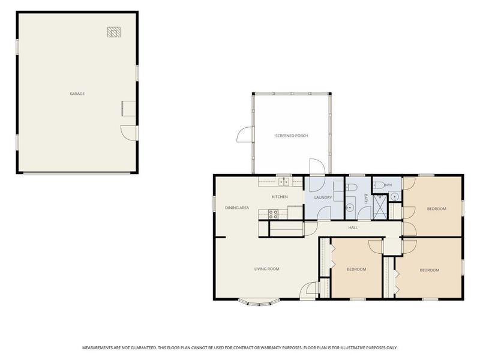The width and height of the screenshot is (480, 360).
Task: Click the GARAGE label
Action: point(77,94)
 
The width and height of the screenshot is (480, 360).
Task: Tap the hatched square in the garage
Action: point(114,32)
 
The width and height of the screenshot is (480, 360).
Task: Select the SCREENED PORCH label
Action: point(292,136)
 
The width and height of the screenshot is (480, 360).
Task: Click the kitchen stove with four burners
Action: point(274,214)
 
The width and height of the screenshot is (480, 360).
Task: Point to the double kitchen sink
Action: point(284,182)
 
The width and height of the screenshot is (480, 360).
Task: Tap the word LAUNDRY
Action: point(323,198)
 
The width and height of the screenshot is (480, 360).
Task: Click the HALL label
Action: point(353,228)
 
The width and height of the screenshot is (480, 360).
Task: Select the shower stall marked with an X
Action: point(380,207)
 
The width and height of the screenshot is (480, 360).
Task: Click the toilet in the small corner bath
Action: point(379,185)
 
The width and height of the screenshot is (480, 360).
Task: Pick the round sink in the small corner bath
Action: point(395,196)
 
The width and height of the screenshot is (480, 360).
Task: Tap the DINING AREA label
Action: point(237,208)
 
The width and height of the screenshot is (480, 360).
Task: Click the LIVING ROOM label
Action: point(266,269)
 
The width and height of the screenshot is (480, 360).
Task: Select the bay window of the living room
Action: point(259,303)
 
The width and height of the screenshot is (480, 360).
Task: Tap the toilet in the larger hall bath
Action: point(351,187)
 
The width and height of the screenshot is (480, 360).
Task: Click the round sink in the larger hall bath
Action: point(350,208)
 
